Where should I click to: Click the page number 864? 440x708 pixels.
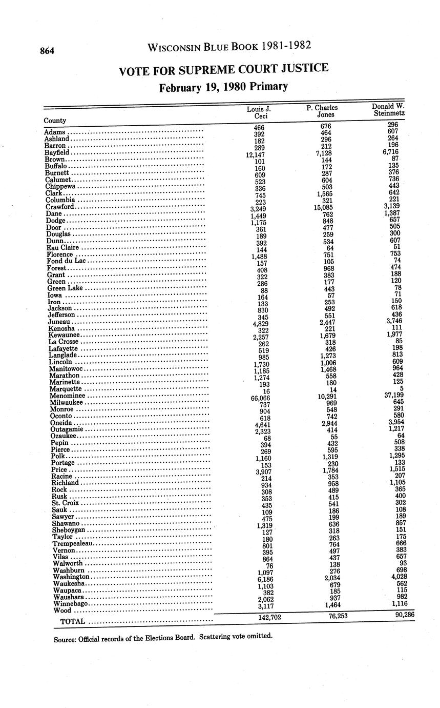pyautogui.click(x=48, y=51)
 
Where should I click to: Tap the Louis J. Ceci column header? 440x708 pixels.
pyautogui.click(x=259, y=112)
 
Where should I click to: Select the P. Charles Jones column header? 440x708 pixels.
pyautogui.click(x=322, y=111)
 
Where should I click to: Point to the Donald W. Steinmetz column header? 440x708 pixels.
pyautogui.click(x=389, y=109)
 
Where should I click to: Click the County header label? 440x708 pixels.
pyautogui.click(x=55, y=121)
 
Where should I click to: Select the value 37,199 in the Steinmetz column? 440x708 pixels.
pyautogui.click(x=391, y=395)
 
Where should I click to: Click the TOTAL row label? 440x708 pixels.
pyautogui.click(x=72, y=621)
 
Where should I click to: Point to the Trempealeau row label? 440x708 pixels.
pyautogui.click(x=74, y=543)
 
